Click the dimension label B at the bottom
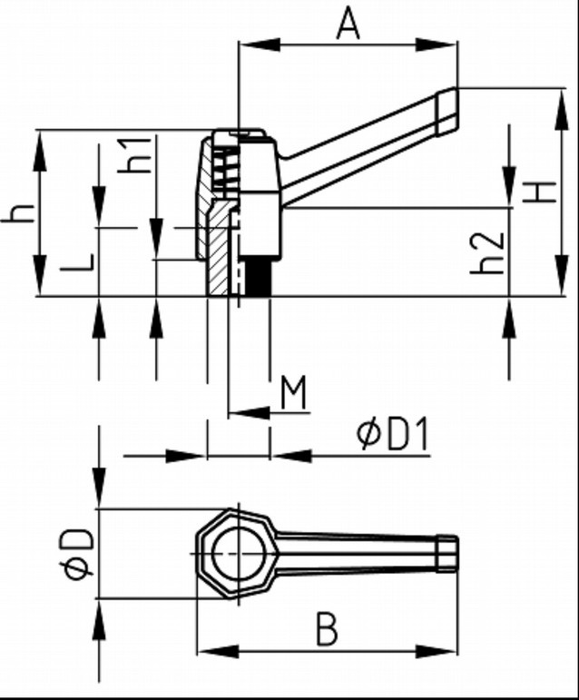(x=327, y=629)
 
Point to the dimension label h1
(x=137, y=155)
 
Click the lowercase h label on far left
(x=20, y=212)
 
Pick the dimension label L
(x=80, y=263)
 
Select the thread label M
(x=293, y=393)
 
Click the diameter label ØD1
(x=392, y=436)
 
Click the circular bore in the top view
(x=238, y=553)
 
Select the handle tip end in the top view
(x=449, y=553)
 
